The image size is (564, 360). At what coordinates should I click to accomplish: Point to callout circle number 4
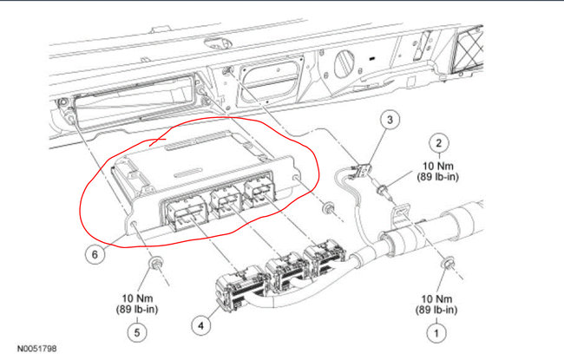(x=200, y=326)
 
